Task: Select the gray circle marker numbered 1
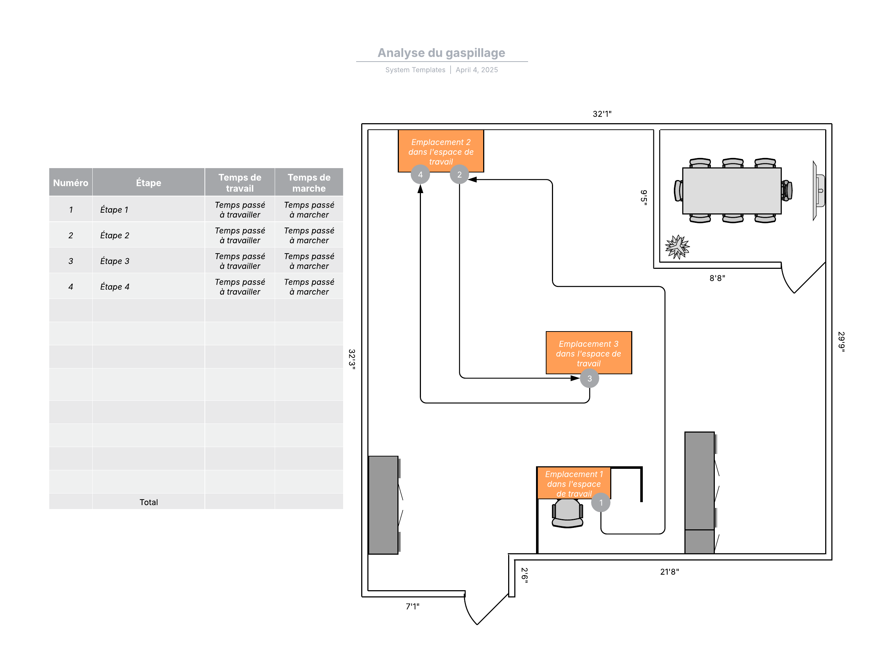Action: (x=600, y=503)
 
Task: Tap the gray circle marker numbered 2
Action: (x=459, y=175)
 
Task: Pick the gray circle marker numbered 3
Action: (x=589, y=378)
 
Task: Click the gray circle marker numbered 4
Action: (x=420, y=175)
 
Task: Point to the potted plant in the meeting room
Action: (x=677, y=247)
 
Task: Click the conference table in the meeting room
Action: (x=731, y=191)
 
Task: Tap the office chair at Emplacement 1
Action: (x=567, y=513)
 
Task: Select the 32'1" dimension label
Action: (x=602, y=114)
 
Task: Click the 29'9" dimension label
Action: (x=841, y=341)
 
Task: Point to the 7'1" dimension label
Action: (x=412, y=606)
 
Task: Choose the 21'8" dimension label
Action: (x=669, y=572)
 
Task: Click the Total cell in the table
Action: (x=148, y=502)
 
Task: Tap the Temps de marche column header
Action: (x=309, y=183)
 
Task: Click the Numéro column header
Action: (x=71, y=183)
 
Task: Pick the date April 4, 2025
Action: (x=476, y=70)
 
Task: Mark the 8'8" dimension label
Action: (x=717, y=278)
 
